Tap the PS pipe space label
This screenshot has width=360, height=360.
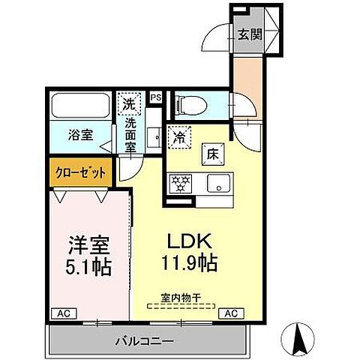coord(157,97)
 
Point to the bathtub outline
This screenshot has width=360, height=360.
coord(81,105)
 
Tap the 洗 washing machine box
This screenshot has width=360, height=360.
coord(129,103)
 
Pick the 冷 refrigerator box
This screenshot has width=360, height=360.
coord(180,137)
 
